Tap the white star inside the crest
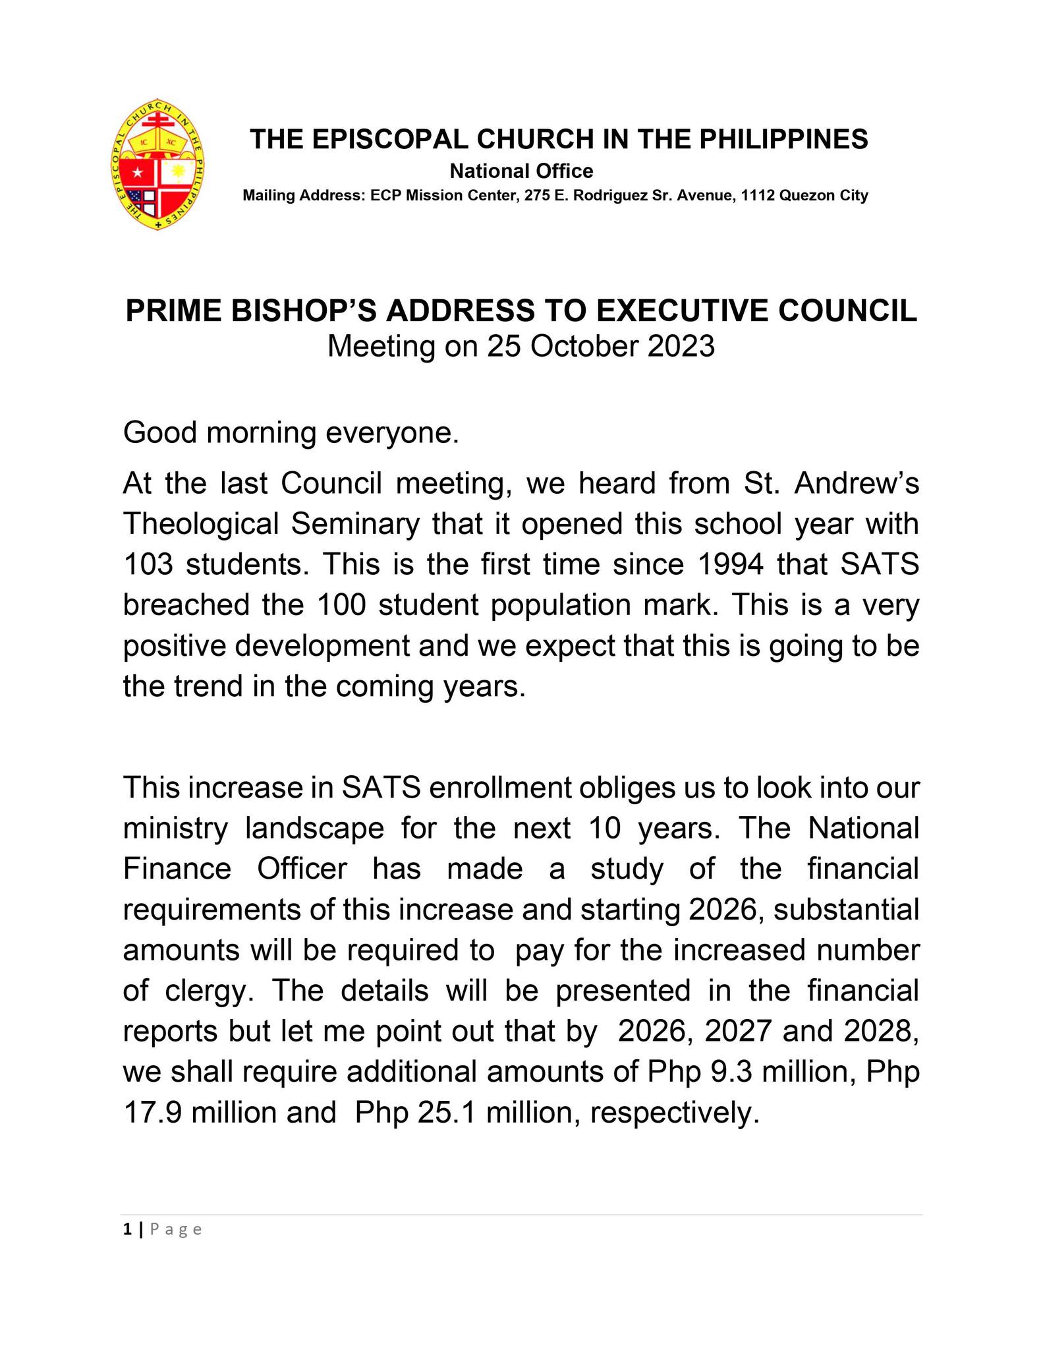137,173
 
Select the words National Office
521,171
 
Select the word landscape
314,828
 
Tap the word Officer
302,868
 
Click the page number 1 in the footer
125,1229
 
